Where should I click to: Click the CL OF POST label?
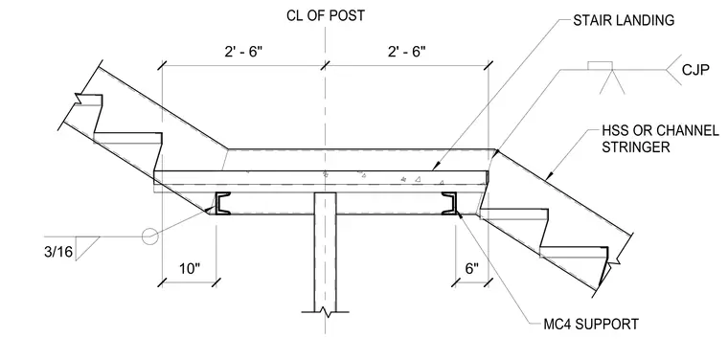pos(326,15)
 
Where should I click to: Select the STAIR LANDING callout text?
pos(624,20)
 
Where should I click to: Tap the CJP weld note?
pos(695,71)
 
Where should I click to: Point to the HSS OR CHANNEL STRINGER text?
pos(660,139)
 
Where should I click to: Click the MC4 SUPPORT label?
pos(591,324)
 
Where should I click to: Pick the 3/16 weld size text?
pos(58,252)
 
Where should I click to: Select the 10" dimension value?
pos(190,269)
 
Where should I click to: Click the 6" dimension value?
pos(471,269)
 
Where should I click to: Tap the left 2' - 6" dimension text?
pos(243,52)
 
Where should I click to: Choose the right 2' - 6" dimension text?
pos(407,52)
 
